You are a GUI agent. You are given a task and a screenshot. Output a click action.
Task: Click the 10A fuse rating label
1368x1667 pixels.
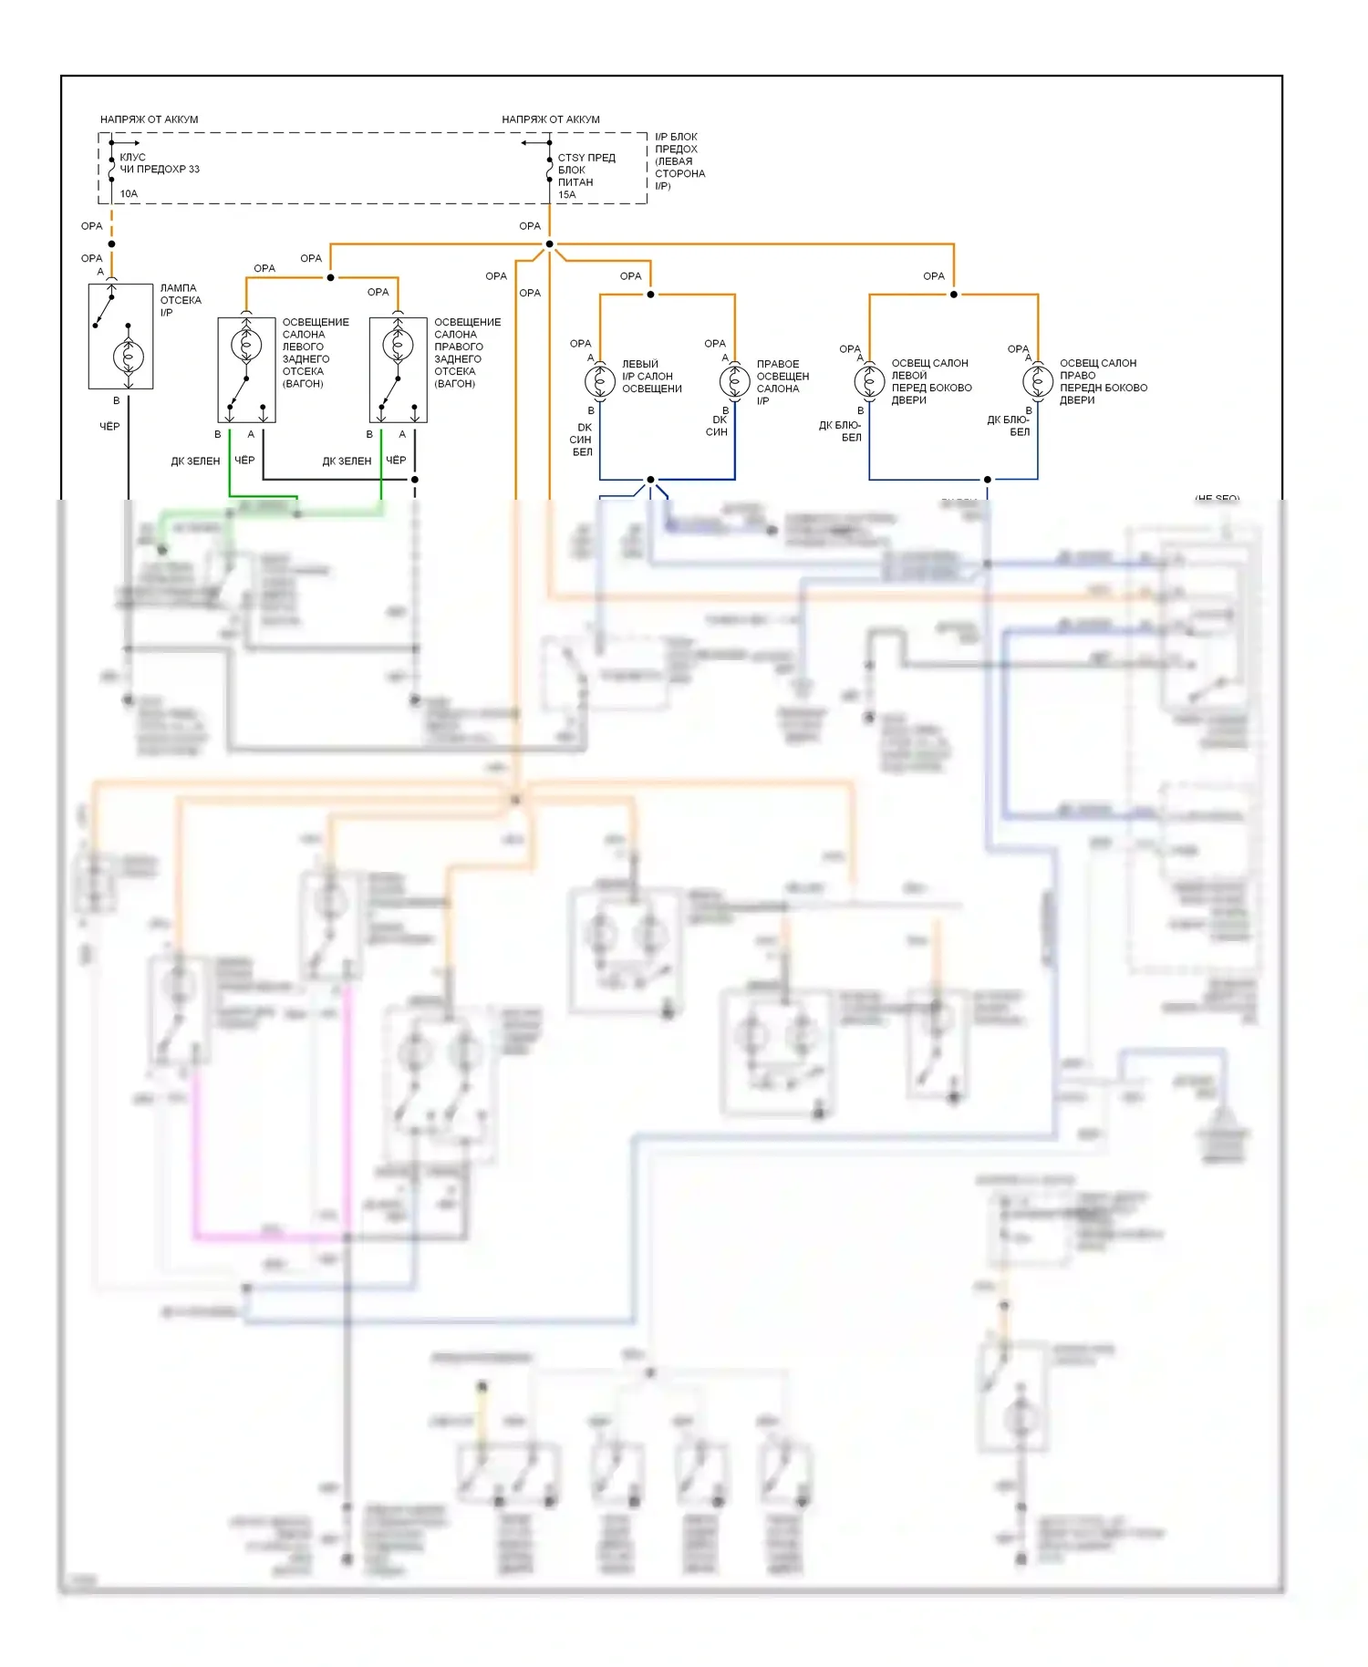[129, 193]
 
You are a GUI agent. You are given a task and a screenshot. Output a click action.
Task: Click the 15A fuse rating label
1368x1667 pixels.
[566, 194]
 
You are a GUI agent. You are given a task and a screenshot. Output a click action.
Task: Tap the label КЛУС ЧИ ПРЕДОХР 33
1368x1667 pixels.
[159, 163]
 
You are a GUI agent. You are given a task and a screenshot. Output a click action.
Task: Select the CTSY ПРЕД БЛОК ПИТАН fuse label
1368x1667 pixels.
[586, 170]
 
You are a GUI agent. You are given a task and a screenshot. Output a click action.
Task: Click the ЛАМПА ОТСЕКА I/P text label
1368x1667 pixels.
[180, 300]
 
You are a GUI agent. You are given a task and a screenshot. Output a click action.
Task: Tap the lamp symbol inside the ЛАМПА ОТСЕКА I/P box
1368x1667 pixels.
[129, 357]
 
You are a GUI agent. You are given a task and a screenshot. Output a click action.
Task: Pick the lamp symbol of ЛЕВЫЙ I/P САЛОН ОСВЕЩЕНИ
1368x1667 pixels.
[599, 380]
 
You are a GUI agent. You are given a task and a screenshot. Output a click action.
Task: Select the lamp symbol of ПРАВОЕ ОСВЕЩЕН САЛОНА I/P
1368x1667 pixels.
[734, 380]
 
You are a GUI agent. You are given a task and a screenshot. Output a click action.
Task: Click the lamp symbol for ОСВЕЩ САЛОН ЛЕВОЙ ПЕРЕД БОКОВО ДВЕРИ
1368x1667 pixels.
[869, 380]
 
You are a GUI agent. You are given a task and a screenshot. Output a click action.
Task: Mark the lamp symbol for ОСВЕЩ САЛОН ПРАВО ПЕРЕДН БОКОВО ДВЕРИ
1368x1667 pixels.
[1037, 380]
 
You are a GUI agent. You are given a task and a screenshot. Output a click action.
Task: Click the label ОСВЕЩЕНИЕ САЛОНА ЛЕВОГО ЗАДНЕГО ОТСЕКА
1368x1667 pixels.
[315, 353]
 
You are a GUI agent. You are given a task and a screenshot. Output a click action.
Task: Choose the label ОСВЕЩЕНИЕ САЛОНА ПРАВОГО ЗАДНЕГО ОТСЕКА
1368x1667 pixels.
[467, 353]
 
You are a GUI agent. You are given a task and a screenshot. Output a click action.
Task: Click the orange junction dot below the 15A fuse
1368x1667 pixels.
[549, 244]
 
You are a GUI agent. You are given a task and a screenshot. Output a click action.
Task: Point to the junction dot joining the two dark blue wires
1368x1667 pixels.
[650, 480]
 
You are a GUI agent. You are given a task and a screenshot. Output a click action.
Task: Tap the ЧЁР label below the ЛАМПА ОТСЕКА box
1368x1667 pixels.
[109, 426]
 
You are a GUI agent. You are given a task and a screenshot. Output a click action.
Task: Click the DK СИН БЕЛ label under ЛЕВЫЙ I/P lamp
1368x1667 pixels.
[582, 440]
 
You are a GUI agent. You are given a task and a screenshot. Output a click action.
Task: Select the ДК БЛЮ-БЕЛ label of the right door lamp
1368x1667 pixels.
[1009, 426]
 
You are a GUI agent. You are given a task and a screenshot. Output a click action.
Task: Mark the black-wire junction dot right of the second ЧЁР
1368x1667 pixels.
[415, 480]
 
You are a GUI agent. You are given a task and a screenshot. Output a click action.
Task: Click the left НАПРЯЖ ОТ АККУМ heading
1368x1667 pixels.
[149, 119]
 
